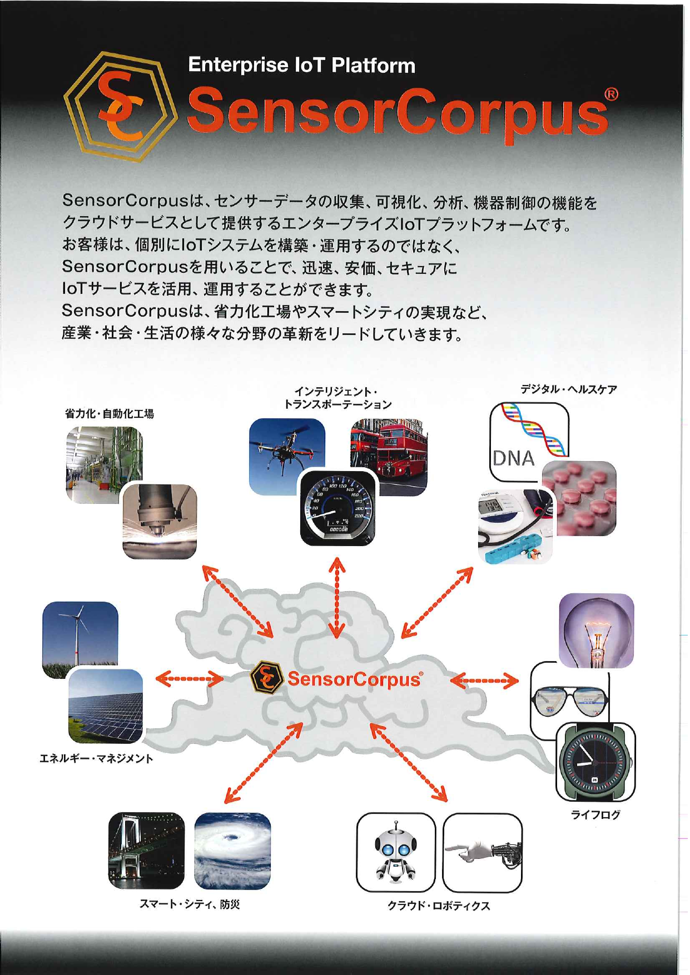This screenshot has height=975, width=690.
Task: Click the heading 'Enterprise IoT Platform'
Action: pos(301,66)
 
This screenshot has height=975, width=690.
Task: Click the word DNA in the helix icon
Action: pos(513,458)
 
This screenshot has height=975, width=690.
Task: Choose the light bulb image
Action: pos(596,631)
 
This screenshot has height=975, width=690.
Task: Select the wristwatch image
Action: pos(595,762)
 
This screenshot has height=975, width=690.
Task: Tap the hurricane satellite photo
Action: pos(232,851)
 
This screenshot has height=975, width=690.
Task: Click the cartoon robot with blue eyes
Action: pos(395,853)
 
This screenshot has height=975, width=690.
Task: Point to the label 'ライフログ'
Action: pos(595,815)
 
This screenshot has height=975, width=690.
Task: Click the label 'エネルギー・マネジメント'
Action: pos(96,759)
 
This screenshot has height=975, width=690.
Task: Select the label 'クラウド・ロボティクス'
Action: pos(439,906)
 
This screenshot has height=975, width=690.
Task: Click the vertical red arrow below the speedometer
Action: pos(336,597)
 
